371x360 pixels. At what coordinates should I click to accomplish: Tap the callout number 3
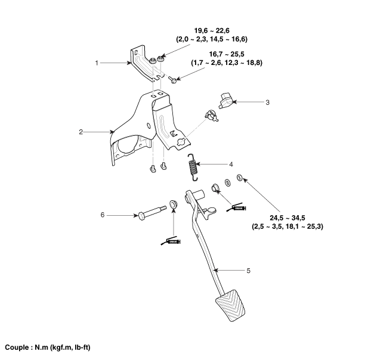pos(268,102)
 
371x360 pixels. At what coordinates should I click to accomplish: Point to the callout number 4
pos(230,164)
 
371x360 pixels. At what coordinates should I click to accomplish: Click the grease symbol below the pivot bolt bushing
pos(171,240)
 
